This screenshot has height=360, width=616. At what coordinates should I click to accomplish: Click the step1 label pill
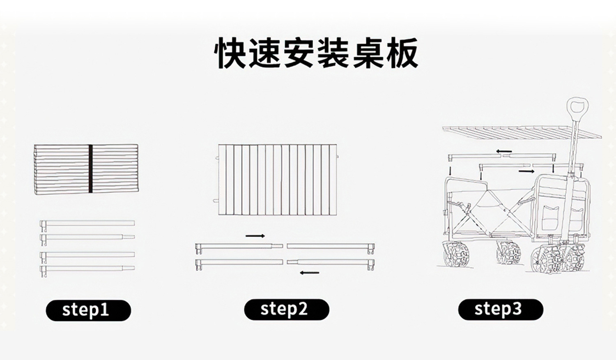pos(88,310)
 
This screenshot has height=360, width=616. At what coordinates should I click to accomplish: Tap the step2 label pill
pos(286,309)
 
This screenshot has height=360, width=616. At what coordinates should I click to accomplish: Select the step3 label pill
pos(500,309)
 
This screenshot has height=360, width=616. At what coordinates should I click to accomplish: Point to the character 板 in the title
pos(402,53)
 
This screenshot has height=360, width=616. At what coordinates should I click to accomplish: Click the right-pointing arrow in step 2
pos(255,236)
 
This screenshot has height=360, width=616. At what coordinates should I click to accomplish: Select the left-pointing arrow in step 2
pos(309,272)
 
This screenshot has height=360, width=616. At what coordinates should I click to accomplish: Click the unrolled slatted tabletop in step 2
pos(278,179)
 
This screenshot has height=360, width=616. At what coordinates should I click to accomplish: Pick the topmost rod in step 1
pos(87,224)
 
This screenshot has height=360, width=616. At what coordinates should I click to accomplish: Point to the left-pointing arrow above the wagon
pos(504,151)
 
